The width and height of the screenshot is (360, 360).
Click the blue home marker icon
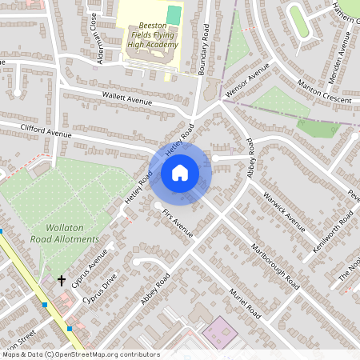click(x=180, y=172)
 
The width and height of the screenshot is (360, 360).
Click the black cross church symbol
click(x=62, y=280)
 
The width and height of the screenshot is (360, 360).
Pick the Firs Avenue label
click(x=177, y=223)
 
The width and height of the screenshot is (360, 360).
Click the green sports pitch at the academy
click(x=174, y=14)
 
